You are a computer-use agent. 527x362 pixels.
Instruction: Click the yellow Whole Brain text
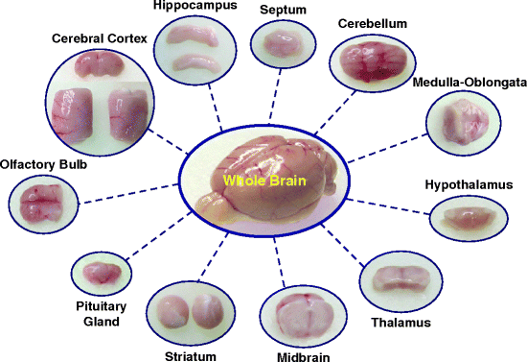click(x=263, y=180)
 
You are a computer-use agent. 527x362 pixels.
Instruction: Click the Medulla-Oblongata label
click(x=470, y=83)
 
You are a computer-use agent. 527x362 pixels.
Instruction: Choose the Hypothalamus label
click(x=470, y=183)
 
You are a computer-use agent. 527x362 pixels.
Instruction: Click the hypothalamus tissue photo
click(x=470, y=218)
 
